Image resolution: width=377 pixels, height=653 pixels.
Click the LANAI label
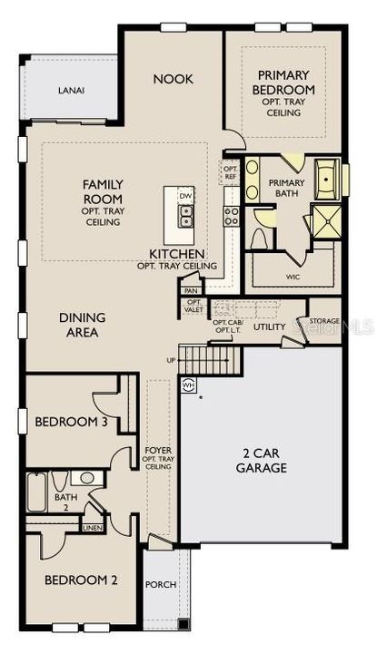pyautogui.click(x=71, y=91)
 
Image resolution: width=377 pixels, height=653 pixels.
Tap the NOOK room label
pyautogui.click(x=173, y=79)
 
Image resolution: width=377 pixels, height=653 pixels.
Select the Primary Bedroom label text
pyautogui.click(x=286, y=83)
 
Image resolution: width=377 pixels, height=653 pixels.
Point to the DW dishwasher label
pyautogui.click(x=185, y=196)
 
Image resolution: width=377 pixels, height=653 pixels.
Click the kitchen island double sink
pyautogui.click(x=185, y=214)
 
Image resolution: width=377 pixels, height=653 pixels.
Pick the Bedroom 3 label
pyautogui.click(x=65, y=423)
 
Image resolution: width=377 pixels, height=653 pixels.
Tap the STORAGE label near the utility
pyautogui.click(x=324, y=321)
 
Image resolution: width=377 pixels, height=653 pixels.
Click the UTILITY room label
pyautogui.click(x=270, y=326)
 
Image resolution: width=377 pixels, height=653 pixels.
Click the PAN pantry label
pyautogui.click(x=191, y=290)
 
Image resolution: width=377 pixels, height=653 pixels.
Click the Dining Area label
pyautogui.click(x=83, y=325)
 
